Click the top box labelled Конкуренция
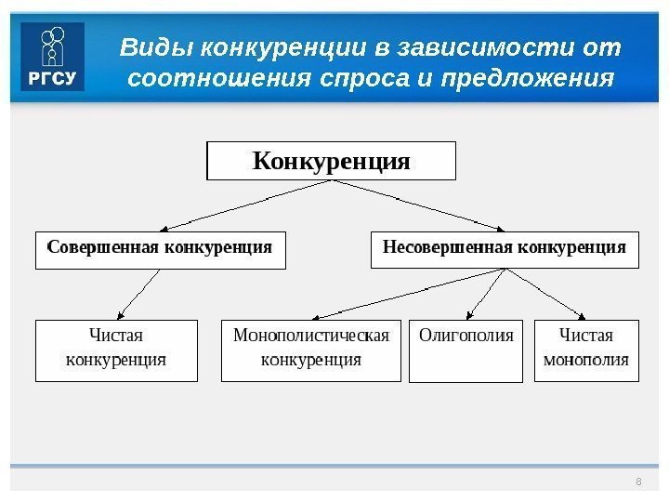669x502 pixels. coord(331,161)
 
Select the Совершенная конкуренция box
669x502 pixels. coord(160,249)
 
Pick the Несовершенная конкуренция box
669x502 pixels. coord(505,249)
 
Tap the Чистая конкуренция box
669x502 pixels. coord(116,350)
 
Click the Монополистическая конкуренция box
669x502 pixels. coord(311,350)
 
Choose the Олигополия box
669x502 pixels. coord(466,350)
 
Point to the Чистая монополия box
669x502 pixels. coord(586,350)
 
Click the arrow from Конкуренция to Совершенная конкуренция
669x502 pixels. coord(246,205)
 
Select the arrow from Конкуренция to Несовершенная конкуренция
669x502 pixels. coord(418,205)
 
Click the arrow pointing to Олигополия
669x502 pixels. coord(484,294)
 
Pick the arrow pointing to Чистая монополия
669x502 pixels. coord(545,294)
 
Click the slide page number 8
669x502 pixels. coord(638,481)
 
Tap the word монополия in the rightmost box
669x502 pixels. coord(586,360)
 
